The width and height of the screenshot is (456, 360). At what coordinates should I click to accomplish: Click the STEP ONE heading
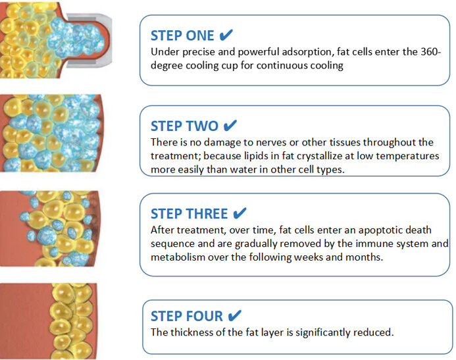(182, 36)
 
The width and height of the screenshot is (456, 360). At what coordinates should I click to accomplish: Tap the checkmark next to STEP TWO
(230, 126)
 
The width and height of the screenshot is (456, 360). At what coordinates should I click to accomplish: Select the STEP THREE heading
(189, 214)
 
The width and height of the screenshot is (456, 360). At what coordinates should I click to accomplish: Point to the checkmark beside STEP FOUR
(235, 315)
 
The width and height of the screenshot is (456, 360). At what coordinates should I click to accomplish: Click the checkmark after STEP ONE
(226, 35)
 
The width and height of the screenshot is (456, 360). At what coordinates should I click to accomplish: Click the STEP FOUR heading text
(187, 316)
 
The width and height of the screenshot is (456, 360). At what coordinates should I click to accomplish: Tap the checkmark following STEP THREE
(240, 213)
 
